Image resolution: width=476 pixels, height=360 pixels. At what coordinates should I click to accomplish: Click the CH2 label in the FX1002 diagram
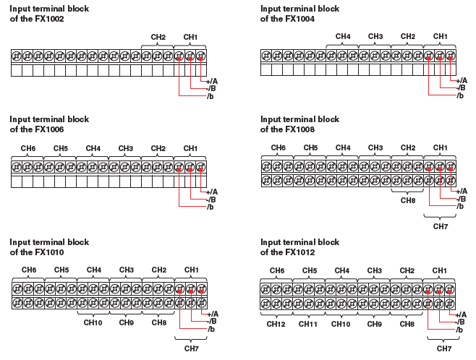pyautogui.click(x=158, y=37)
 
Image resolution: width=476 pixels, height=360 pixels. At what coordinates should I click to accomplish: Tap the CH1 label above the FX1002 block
pyautogui.click(x=190, y=37)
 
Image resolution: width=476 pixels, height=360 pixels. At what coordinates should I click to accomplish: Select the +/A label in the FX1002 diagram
pyautogui.click(x=212, y=80)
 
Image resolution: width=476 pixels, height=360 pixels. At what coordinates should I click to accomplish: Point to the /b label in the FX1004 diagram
pyautogui.click(x=460, y=95)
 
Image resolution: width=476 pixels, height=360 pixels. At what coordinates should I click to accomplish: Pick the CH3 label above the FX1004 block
pyautogui.click(x=375, y=36)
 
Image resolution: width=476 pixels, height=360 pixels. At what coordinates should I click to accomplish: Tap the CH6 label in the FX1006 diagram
pyautogui.click(x=27, y=148)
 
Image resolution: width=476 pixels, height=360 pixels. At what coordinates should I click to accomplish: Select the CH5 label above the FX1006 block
pyautogui.click(x=60, y=148)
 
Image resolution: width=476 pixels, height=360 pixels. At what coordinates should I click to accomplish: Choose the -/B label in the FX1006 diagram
pyautogui.click(x=211, y=199)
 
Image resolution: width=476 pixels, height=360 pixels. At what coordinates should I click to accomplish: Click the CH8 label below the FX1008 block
pyautogui.click(x=408, y=200)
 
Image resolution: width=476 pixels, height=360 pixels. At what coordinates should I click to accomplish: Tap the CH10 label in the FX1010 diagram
pyautogui.click(x=93, y=322)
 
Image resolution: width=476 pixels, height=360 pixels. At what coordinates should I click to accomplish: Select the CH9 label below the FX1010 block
pyautogui.click(x=127, y=322)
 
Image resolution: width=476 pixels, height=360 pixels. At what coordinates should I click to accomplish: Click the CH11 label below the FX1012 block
pyautogui.click(x=309, y=325)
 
